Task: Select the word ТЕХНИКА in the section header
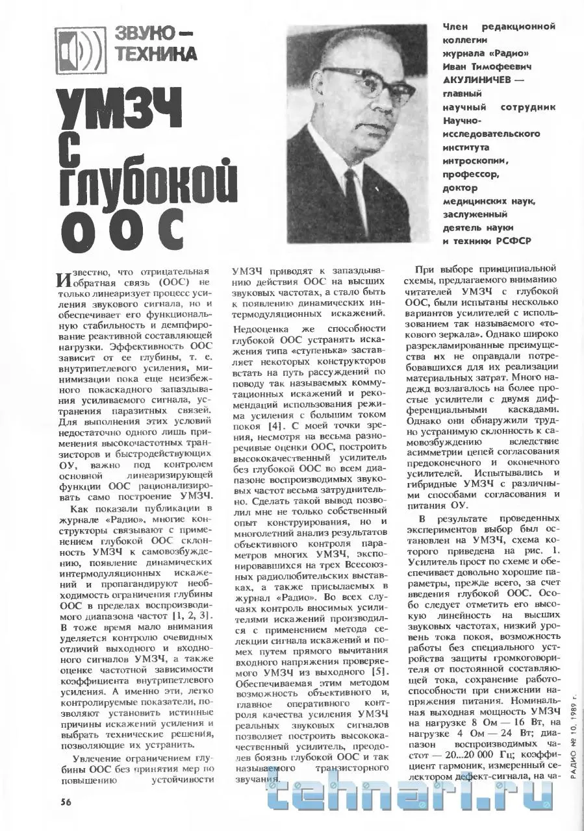155,55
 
